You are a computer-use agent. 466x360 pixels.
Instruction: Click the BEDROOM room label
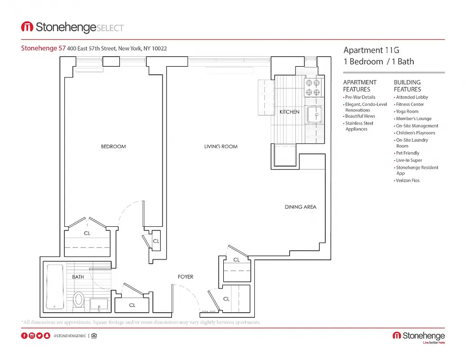pyautogui.click(x=113, y=146)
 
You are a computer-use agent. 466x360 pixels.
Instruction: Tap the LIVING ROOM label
pyautogui.click(x=221, y=146)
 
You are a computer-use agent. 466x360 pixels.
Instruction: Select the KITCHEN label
pyautogui.click(x=289, y=112)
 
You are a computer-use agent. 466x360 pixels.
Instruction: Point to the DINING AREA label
pyautogui.click(x=300, y=207)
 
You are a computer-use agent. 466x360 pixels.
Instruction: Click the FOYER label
pyautogui.click(x=185, y=277)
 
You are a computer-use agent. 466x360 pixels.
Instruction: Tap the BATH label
pyautogui.click(x=78, y=277)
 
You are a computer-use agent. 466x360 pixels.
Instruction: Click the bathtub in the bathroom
pyautogui.click(x=55, y=287)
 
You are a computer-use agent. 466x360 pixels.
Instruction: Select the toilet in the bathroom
pyautogui.click(x=79, y=299)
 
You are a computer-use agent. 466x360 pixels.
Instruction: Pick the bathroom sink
pyautogui.click(x=99, y=304)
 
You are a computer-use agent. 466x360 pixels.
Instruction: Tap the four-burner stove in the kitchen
pyautogui.click(x=313, y=88)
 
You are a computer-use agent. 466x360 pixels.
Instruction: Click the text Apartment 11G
pyautogui.click(x=371, y=50)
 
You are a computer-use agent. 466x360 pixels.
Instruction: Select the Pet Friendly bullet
pyautogui.click(x=408, y=153)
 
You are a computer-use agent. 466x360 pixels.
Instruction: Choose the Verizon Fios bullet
pyautogui.click(x=407, y=180)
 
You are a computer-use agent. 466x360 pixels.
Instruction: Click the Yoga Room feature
pyautogui.click(x=407, y=112)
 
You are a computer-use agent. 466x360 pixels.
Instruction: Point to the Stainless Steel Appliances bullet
pyautogui.click(x=359, y=126)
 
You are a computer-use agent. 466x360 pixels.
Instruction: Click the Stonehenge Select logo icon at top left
pyautogui.click(x=27, y=27)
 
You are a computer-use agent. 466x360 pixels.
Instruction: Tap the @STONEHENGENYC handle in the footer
pyautogui.click(x=69, y=336)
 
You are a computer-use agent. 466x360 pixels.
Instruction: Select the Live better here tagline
pyautogui.click(x=433, y=343)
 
